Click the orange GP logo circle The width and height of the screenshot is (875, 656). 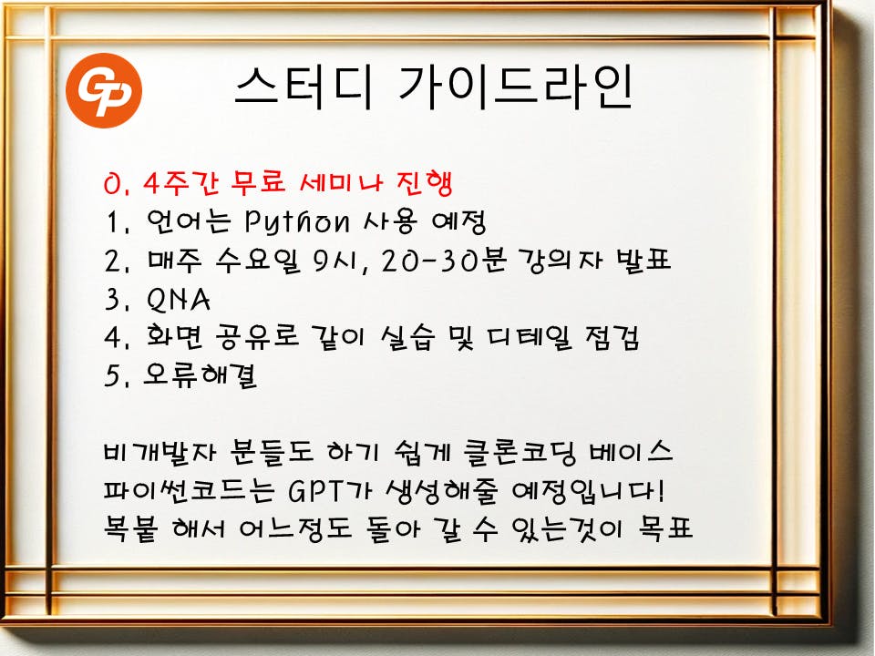point(104,90)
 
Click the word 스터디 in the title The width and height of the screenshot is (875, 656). point(303,87)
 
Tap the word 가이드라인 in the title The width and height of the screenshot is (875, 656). point(516,87)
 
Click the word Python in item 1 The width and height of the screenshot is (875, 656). point(297,221)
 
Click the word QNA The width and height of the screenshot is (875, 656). point(179,300)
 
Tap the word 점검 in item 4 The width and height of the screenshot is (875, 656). point(612,337)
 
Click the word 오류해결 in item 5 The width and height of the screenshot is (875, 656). point(201,374)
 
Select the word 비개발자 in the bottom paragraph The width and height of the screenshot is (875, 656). point(159,451)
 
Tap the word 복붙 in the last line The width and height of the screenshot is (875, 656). point(130,528)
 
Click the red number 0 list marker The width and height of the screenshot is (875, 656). point(111,184)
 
